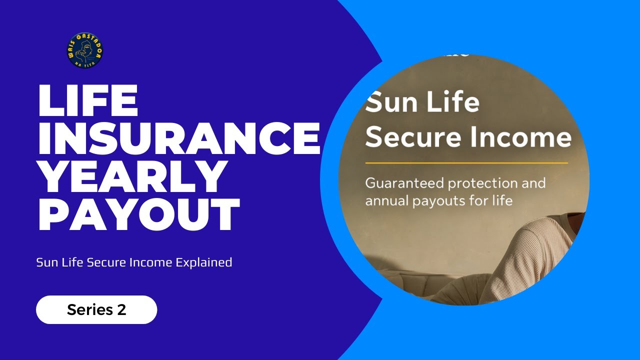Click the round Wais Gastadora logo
click(x=84, y=50)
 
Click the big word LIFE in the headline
click(x=88, y=101)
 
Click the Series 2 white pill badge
click(x=96, y=310)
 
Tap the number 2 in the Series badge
click(x=121, y=310)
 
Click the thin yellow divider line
click(x=466, y=163)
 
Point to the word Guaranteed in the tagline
click(x=404, y=183)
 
